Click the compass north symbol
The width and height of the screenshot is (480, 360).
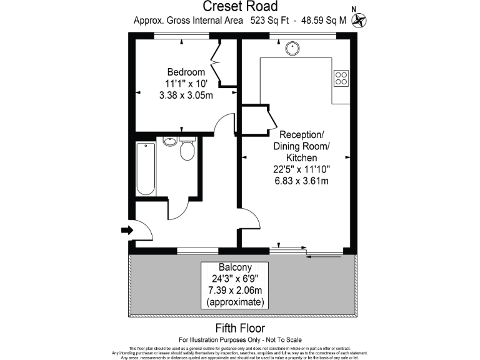(x=358, y=20)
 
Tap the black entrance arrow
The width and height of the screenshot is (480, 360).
(x=127, y=231)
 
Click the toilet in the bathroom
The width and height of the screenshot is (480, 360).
(x=187, y=150)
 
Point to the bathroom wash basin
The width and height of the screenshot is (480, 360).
(x=169, y=141)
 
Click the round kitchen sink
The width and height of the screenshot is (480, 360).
(x=292, y=47)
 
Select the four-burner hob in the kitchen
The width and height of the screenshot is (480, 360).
(x=341, y=77)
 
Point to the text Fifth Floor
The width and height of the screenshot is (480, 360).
(x=240, y=328)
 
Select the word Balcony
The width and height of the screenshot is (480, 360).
(x=235, y=267)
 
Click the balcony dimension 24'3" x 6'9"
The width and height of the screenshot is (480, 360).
(x=235, y=279)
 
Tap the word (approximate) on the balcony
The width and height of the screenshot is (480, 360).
(x=235, y=302)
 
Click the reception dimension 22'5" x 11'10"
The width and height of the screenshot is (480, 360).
(x=302, y=169)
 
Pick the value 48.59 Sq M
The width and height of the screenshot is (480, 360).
(x=324, y=20)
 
